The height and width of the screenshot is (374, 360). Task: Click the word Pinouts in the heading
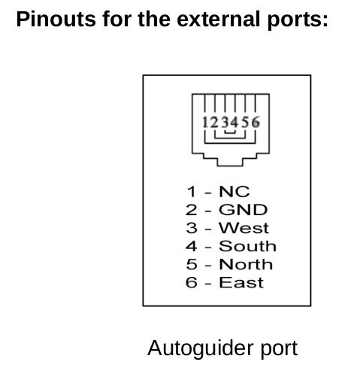[x=56, y=19]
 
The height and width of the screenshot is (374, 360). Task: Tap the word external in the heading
[x=218, y=19]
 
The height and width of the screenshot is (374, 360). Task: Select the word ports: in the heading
[x=297, y=21]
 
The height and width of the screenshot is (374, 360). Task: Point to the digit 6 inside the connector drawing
[x=256, y=123]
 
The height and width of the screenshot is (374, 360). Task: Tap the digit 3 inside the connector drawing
[x=225, y=123]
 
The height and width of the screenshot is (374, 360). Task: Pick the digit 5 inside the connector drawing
[x=246, y=123]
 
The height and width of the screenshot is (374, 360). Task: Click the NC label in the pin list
[x=234, y=192]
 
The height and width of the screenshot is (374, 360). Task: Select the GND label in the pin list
[x=243, y=210]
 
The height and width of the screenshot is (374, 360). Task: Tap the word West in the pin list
[x=244, y=228]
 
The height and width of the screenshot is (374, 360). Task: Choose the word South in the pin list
[x=247, y=246]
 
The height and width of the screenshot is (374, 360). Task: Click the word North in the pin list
[x=246, y=264]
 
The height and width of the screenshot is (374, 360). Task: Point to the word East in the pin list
[x=241, y=282]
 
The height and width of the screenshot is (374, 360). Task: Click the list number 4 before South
[x=192, y=246]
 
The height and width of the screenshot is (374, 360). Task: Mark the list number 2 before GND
[x=192, y=210]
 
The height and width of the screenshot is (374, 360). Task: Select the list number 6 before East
[x=192, y=282]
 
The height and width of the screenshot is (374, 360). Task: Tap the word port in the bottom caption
[x=280, y=350]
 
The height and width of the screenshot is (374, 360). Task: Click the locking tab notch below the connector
[x=230, y=166]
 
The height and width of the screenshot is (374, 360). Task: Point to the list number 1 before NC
[x=192, y=192]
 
